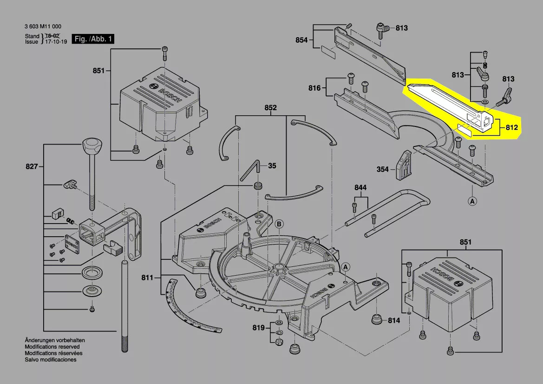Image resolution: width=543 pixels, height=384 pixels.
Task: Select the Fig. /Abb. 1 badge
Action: (x=92, y=39)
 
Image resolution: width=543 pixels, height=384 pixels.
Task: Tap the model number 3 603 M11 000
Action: (x=43, y=27)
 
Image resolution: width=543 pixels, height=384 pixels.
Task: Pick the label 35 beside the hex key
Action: (x=272, y=165)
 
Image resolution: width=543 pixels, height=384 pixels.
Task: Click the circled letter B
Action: (x=279, y=224)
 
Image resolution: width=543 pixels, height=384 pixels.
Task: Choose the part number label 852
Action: (x=270, y=108)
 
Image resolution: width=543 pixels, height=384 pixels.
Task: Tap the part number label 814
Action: (x=393, y=321)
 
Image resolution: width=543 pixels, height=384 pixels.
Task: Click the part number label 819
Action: (x=259, y=328)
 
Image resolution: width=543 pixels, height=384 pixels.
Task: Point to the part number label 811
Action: (x=147, y=278)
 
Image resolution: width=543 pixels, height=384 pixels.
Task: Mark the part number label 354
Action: (x=382, y=169)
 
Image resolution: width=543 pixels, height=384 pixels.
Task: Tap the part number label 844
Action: (x=360, y=187)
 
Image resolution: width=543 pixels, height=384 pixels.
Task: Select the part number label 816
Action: (x=314, y=88)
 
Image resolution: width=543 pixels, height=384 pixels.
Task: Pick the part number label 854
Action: (x=301, y=40)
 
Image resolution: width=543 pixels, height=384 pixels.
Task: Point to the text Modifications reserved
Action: (x=52, y=347)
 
